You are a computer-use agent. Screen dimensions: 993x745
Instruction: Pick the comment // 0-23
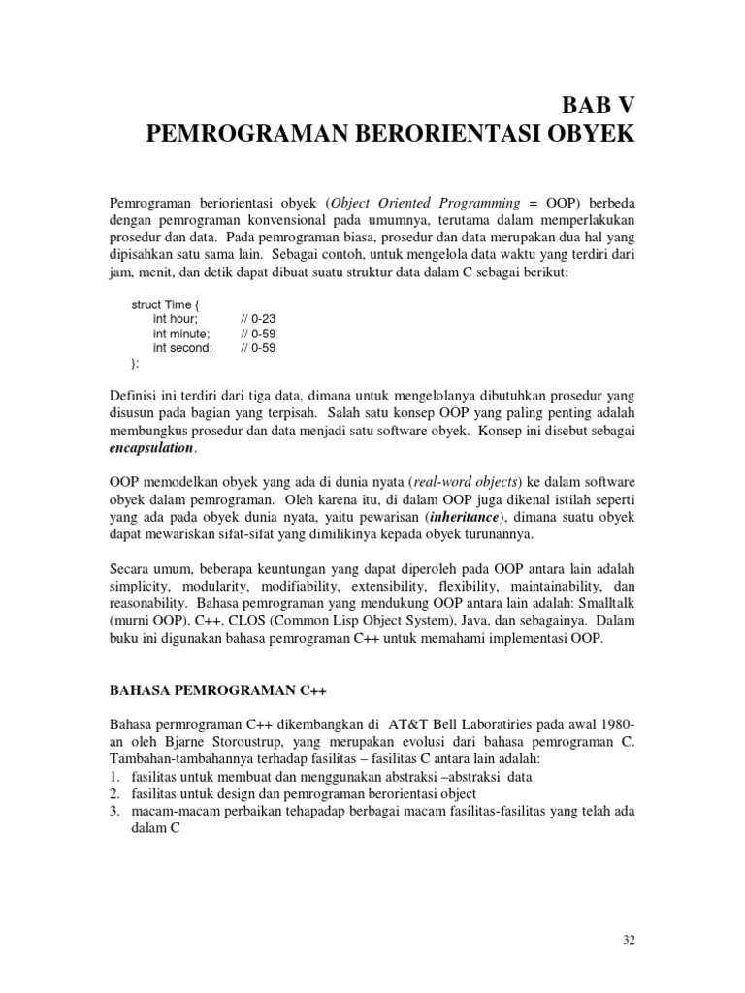click(257, 319)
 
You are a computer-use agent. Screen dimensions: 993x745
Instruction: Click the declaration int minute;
click(181, 334)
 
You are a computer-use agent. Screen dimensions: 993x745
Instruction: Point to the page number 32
click(628, 941)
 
